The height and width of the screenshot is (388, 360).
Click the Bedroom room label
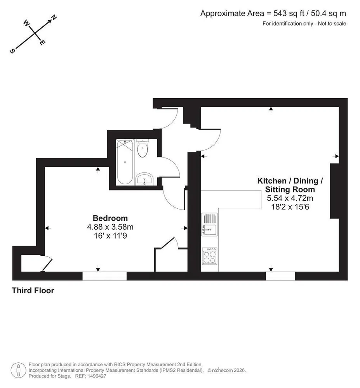(x=110, y=218)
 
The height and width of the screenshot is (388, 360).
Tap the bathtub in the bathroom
(x=125, y=162)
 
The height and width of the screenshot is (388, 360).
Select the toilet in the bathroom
(x=143, y=148)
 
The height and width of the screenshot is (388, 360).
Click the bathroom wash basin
(x=144, y=178)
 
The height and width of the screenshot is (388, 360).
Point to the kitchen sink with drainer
(x=209, y=224)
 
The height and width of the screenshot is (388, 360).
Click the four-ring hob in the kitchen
(x=209, y=256)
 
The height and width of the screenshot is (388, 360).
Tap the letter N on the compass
(x=54, y=17)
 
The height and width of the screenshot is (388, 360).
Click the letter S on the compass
(x=12, y=51)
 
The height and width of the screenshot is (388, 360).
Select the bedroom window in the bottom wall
(x=104, y=276)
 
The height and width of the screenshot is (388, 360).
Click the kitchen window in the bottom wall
(x=280, y=276)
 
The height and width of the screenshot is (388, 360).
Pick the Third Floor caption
(x=33, y=290)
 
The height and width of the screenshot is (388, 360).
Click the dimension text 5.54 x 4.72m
(x=290, y=198)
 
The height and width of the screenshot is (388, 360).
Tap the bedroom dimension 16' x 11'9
(x=110, y=236)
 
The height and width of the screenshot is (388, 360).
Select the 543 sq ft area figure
(x=289, y=13)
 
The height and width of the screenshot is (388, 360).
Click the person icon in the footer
(x=19, y=370)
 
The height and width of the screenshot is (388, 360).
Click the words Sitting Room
(x=290, y=190)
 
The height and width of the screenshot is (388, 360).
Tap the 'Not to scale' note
(x=332, y=24)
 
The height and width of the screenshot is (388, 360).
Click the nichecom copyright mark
(x=226, y=371)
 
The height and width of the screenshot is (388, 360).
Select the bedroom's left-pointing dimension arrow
(x=48, y=228)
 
